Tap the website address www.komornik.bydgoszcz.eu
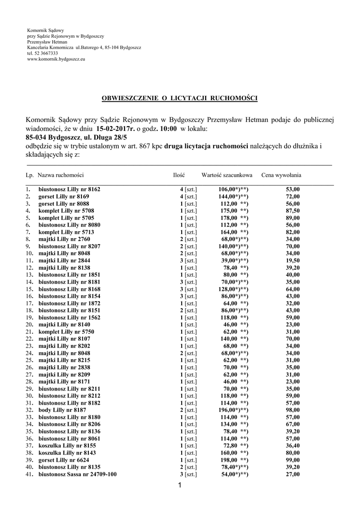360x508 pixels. [x=56, y=59]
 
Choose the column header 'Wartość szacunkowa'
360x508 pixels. [x=227, y=175]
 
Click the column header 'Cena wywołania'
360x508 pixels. [x=282, y=175]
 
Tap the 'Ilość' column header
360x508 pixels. [x=179, y=175]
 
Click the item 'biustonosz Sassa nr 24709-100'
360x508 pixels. [x=78, y=474]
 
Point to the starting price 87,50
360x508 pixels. [x=292, y=210]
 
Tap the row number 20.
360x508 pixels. [x=29, y=324]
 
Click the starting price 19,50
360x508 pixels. [x=292, y=260]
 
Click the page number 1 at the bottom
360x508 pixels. [x=180, y=485]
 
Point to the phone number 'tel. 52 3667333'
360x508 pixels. [x=42, y=54]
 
